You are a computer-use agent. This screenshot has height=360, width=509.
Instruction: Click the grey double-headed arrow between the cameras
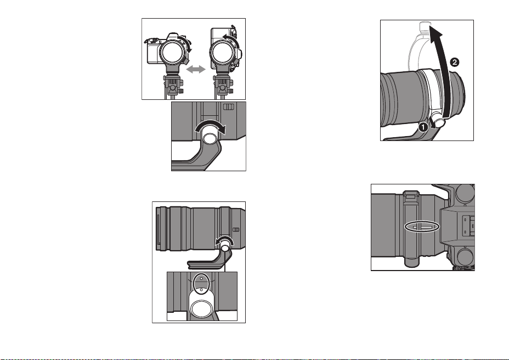196,69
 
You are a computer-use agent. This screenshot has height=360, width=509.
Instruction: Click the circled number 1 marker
423,127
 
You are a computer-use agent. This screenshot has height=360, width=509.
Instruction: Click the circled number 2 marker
455,62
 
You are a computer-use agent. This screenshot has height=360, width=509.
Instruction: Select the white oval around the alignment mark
422,227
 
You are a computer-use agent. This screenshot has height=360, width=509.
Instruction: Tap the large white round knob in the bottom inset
201,308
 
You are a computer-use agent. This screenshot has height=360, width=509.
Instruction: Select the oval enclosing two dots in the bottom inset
201,283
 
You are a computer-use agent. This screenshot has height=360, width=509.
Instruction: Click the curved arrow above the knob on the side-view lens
224,241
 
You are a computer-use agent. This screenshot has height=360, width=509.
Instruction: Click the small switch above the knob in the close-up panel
229,106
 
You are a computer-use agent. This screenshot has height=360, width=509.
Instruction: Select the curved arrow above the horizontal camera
186,43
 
